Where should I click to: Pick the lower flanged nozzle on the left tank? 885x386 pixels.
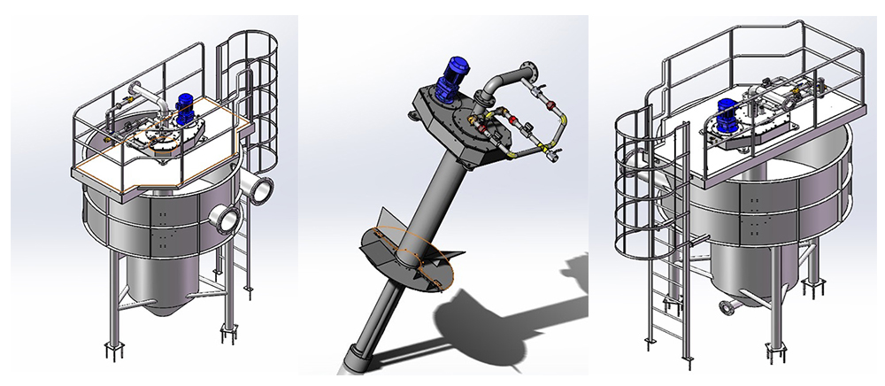point(227,215)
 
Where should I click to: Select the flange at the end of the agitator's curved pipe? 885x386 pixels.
point(531,66)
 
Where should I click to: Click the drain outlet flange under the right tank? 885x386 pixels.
point(728,307)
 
